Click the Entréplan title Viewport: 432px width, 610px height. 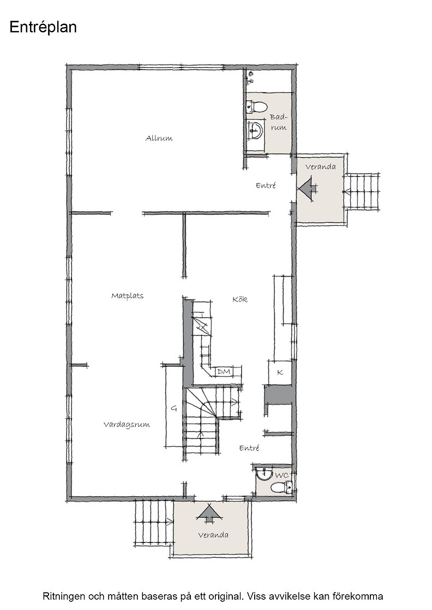43,28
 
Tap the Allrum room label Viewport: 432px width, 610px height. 159,138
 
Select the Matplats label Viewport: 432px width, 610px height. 128,296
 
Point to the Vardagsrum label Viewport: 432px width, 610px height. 127,424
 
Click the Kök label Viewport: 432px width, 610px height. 240,299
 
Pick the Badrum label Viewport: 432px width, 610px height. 279,122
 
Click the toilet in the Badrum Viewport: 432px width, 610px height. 257,106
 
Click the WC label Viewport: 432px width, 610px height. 281,475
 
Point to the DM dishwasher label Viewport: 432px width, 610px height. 224,372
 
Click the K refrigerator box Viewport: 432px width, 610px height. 280,373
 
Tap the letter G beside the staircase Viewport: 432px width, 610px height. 174,408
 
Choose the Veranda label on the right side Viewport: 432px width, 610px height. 320,167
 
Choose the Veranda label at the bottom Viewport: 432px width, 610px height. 213,535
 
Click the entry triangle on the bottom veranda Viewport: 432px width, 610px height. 210,513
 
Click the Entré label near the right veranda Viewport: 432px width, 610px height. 266,186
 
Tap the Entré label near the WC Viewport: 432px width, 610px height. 249,448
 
